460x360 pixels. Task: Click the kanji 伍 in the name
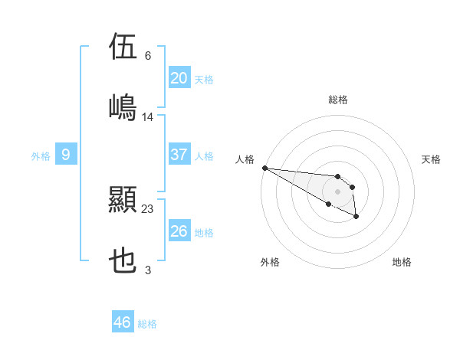(123, 47)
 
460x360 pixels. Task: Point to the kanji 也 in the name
(123, 261)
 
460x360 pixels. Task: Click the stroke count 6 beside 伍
(147, 56)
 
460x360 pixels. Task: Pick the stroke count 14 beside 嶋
(148, 116)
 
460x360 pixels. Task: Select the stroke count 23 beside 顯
(148, 208)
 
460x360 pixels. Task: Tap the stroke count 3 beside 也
(147, 270)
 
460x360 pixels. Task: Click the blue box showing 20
(179, 78)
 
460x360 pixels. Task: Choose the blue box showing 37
(179, 155)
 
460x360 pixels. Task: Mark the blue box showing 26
(179, 231)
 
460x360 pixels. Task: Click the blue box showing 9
(66, 155)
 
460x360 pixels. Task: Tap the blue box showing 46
(122, 322)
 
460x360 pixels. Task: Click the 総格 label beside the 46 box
(147, 324)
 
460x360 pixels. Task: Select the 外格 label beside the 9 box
(41, 156)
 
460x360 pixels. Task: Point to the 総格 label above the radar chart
(338, 100)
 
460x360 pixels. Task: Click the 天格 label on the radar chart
(432, 159)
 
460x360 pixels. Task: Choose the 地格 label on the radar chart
(402, 262)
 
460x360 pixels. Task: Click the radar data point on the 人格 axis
(264, 168)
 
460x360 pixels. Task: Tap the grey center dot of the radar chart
(337, 191)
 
